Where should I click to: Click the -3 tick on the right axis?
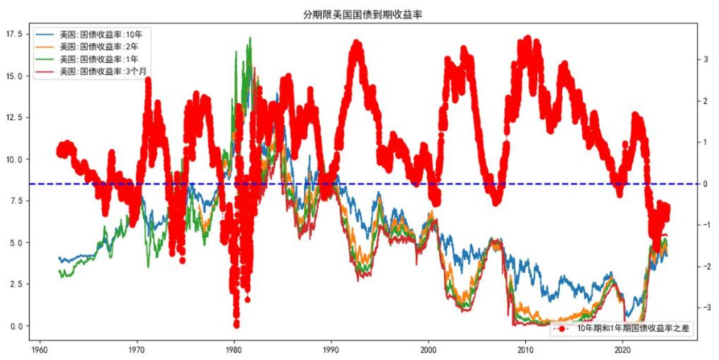coord(708,308)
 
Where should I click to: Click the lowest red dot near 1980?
coord(236,324)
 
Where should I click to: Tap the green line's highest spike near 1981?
coord(250,38)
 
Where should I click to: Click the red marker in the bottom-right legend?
coord(562,328)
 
